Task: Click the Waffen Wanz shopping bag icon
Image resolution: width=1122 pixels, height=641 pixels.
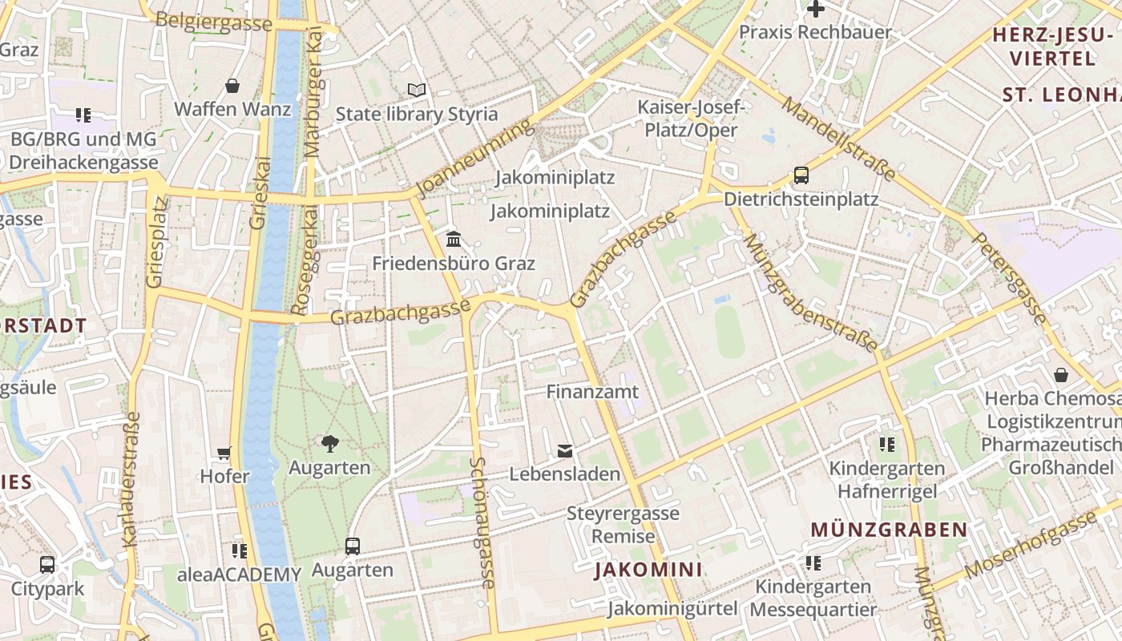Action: pyautogui.click(x=232, y=86)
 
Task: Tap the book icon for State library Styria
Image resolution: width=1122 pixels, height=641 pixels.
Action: pyautogui.click(x=417, y=90)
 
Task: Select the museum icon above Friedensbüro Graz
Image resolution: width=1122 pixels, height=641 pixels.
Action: pyautogui.click(x=454, y=239)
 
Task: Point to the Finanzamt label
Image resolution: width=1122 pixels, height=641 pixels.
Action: pyautogui.click(x=592, y=392)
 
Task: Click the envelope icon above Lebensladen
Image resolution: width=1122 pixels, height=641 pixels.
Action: pyautogui.click(x=565, y=451)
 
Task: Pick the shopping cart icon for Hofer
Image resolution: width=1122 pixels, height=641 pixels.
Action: pyautogui.click(x=224, y=454)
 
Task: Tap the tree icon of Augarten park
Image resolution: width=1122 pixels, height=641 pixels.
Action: pyautogui.click(x=329, y=443)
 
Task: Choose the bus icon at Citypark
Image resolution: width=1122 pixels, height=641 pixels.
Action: pyautogui.click(x=47, y=564)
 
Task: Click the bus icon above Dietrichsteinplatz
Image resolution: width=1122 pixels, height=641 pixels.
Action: pyautogui.click(x=801, y=175)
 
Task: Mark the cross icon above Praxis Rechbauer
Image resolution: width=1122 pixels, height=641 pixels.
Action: pyautogui.click(x=815, y=10)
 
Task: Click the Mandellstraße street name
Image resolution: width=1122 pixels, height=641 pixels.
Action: pyautogui.click(x=838, y=139)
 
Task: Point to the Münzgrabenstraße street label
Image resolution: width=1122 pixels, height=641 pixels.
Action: pyautogui.click(x=810, y=293)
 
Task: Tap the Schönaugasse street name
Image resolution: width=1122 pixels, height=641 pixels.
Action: pyautogui.click(x=483, y=522)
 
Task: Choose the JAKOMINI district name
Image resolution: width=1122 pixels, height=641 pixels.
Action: pyautogui.click(x=648, y=570)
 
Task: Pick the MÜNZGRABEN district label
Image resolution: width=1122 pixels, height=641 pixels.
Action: pyautogui.click(x=889, y=530)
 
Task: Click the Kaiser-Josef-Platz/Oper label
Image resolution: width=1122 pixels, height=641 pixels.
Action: pyautogui.click(x=692, y=118)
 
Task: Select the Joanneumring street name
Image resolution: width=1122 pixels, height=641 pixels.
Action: pyautogui.click(x=475, y=159)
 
